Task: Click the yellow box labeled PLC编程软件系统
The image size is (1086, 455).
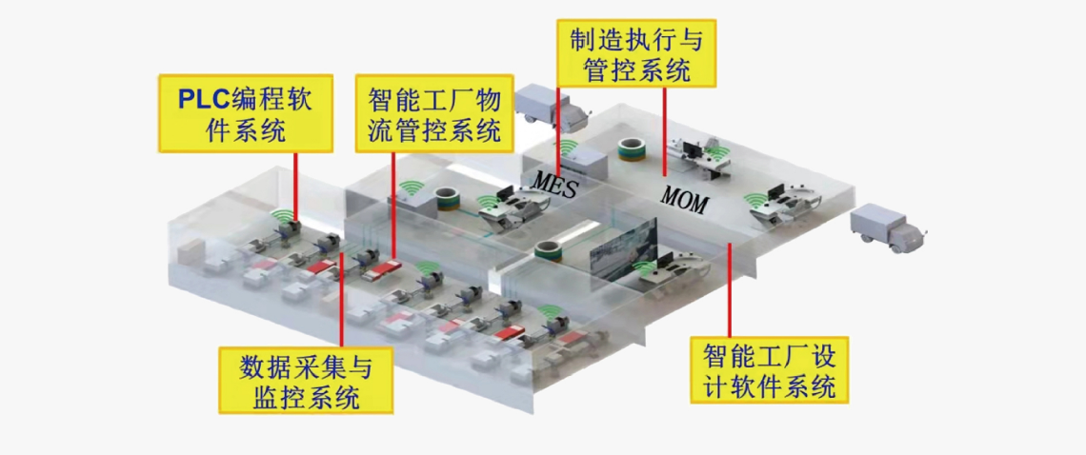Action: (x=245, y=113)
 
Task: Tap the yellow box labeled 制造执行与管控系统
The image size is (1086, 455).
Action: (x=635, y=52)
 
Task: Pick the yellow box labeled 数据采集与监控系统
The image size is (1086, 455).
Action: (x=305, y=379)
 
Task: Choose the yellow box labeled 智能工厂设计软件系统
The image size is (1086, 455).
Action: (x=769, y=369)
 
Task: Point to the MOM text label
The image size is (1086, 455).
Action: (x=685, y=200)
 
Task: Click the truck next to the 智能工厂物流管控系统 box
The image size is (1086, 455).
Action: (x=550, y=107)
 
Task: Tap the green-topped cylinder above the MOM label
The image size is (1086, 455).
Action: (x=632, y=149)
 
